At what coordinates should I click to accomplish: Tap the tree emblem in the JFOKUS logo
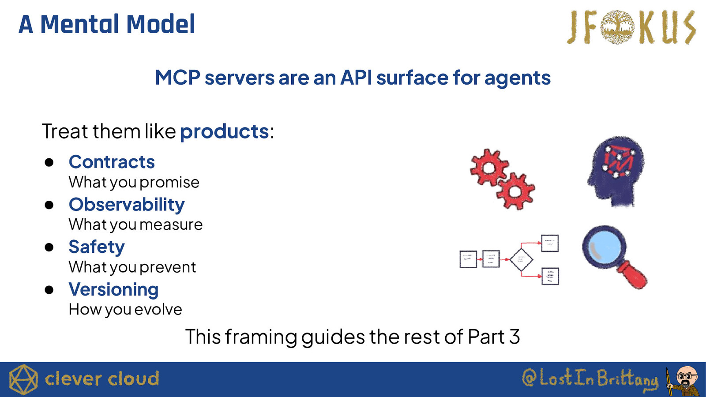click(x=617, y=27)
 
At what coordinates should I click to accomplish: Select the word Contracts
click(x=112, y=162)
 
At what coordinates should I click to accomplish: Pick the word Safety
click(x=97, y=247)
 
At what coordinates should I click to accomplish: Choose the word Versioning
click(x=113, y=290)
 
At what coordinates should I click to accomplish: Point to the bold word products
click(x=224, y=132)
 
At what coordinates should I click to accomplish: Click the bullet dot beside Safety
click(x=49, y=247)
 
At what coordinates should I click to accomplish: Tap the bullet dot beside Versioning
click(x=49, y=290)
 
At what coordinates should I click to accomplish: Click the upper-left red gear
click(x=488, y=168)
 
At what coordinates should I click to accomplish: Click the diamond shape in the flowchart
click(x=521, y=260)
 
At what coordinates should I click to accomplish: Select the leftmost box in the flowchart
click(x=468, y=259)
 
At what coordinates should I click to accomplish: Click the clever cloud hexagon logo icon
click(x=23, y=379)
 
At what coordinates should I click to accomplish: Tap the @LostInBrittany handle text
click(x=590, y=379)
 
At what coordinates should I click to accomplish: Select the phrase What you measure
click(x=135, y=225)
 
